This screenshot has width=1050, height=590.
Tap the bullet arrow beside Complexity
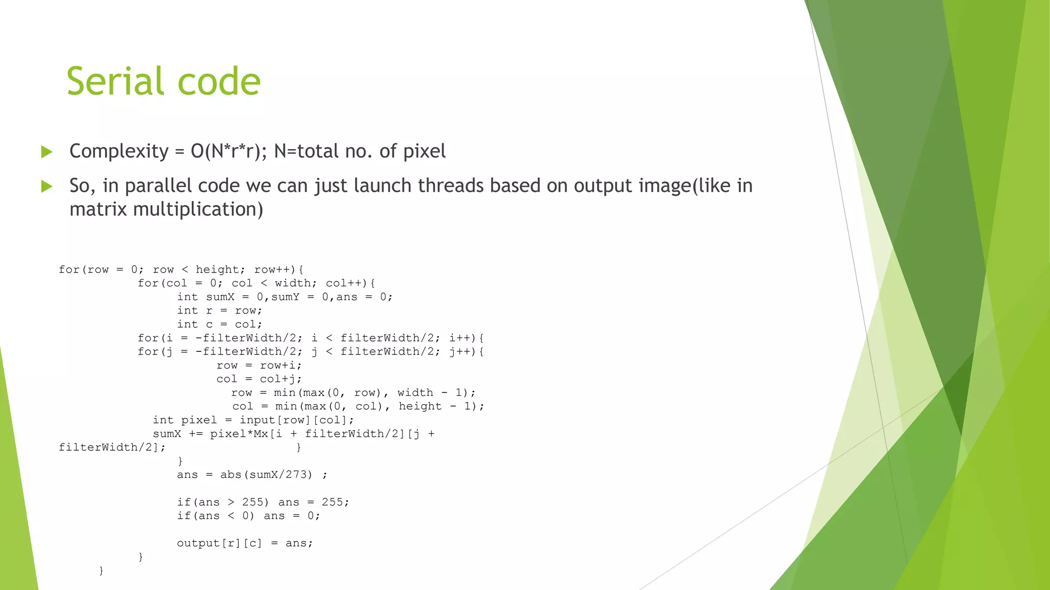click(47, 152)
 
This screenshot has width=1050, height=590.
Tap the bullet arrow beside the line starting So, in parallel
click(47, 186)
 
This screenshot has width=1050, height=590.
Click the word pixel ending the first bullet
click(425, 152)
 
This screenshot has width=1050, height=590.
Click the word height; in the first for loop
click(217, 270)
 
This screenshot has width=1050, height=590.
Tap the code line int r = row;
click(219, 311)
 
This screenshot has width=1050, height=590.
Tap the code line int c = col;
click(219, 324)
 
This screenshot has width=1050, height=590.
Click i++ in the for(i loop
click(459, 338)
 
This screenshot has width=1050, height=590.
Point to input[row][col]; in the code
click(297, 420)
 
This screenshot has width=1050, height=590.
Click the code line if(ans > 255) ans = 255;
click(263, 502)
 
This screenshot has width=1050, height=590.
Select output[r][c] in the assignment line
click(219, 543)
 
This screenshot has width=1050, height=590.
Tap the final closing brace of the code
click(101, 570)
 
